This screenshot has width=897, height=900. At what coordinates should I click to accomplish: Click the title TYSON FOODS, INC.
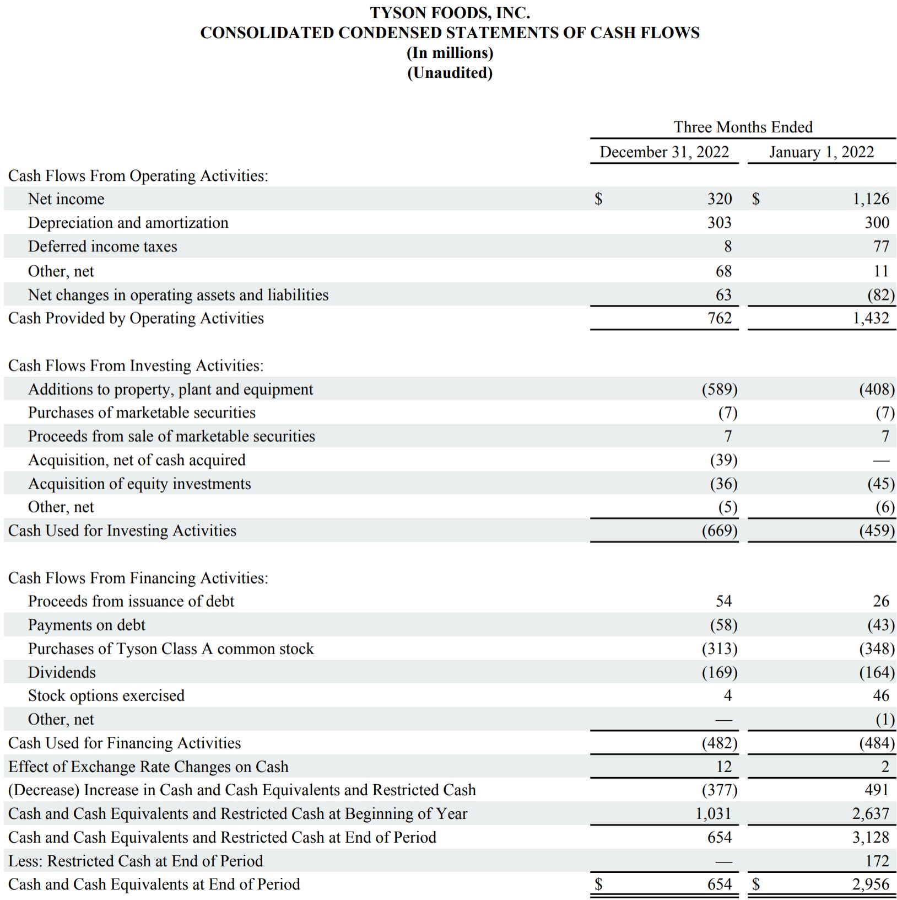(x=450, y=12)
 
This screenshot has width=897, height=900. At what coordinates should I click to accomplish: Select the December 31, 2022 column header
(x=664, y=152)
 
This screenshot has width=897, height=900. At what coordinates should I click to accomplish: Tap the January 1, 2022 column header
(x=822, y=152)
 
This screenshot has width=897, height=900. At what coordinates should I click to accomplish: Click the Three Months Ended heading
(x=743, y=127)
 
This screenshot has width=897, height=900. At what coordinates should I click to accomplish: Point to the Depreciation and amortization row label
(x=128, y=223)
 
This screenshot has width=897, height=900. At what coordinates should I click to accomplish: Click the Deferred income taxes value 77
(x=881, y=247)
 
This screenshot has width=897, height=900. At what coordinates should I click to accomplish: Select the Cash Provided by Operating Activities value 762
(x=720, y=318)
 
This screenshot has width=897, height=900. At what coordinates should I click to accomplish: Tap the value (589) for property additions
(x=720, y=389)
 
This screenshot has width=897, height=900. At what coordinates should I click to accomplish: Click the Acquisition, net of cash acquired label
(x=137, y=460)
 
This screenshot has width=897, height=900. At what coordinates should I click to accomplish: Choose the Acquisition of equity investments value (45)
(x=877, y=484)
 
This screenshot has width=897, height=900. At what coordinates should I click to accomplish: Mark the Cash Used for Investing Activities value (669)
(x=720, y=531)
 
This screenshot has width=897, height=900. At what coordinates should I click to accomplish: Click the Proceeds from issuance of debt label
(x=131, y=601)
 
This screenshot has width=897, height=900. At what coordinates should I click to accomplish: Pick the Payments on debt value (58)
(x=723, y=625)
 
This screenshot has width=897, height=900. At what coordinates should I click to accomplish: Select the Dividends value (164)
(x=877, y=672)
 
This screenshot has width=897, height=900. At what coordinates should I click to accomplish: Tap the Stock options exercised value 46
(x=881, y=695)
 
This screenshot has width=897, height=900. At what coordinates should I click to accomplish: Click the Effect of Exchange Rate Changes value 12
(x=723, y=767)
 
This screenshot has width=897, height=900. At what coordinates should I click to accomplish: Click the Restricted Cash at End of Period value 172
(x=877, y=861)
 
